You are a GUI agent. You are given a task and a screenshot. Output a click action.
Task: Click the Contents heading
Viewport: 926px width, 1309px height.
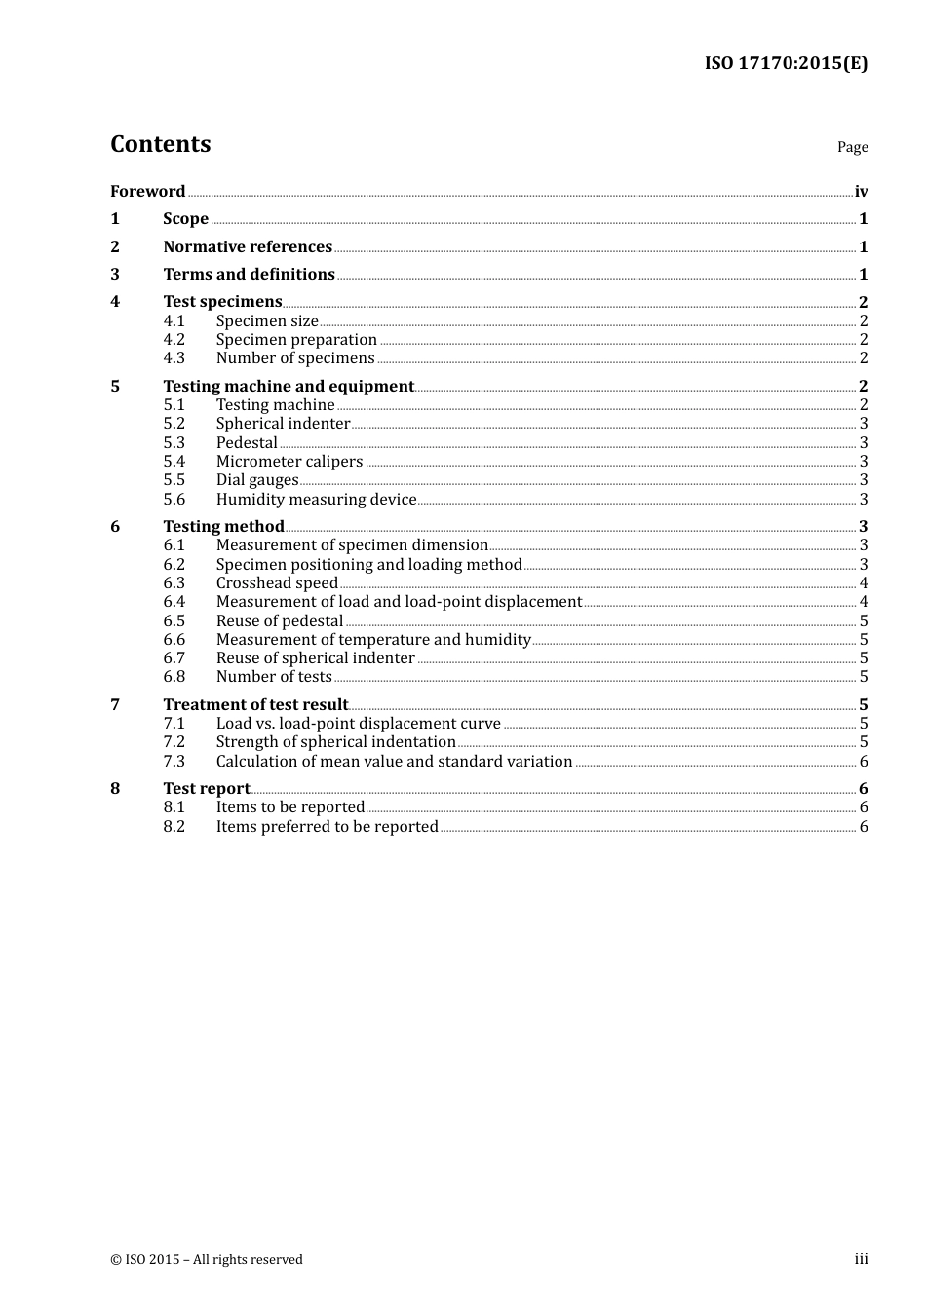pos(160,144)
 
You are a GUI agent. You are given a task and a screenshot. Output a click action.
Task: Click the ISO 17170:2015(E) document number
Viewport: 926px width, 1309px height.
pos(786,64)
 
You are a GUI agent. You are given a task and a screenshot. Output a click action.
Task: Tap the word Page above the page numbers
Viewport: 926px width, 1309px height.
pos(852,147)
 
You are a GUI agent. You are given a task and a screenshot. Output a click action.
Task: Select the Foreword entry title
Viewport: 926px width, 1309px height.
pos(147,192)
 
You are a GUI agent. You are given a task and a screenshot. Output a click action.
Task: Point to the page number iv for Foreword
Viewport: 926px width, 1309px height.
pos(861,192)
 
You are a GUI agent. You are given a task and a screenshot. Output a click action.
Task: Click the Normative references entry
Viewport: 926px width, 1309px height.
pos(248,247)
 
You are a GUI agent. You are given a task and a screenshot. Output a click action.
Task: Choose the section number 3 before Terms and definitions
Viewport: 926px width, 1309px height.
pos(115,275)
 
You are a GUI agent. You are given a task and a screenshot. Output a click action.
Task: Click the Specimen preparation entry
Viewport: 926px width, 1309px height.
pos(296,340)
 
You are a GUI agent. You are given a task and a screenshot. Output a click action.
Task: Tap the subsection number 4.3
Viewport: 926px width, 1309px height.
pos(174,358)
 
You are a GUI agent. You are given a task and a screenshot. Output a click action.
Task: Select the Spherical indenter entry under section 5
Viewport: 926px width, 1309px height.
pos(283,424)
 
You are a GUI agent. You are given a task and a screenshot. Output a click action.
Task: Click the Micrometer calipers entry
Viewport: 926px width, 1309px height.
pos(289,462)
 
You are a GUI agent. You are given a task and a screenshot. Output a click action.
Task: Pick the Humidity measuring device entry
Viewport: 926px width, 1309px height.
pos(316,500)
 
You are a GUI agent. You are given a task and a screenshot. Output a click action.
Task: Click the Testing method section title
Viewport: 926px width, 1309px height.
pos(223,527)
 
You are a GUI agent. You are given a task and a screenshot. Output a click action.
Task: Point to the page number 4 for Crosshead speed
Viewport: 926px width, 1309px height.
pos(864,583)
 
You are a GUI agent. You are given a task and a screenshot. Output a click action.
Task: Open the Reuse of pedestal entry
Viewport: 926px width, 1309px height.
pos(280,621)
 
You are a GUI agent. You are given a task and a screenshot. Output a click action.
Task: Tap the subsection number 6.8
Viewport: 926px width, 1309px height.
pos(174,677)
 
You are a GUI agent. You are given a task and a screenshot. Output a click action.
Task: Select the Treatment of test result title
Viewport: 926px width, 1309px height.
pos(255,705)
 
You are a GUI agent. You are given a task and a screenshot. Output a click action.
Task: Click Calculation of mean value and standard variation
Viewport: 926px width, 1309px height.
pos(394,762)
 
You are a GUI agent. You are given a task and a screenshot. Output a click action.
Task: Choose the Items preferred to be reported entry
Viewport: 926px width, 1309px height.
pos(327,827)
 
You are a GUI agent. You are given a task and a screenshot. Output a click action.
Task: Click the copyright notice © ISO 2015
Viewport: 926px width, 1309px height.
pos(207,1260)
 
